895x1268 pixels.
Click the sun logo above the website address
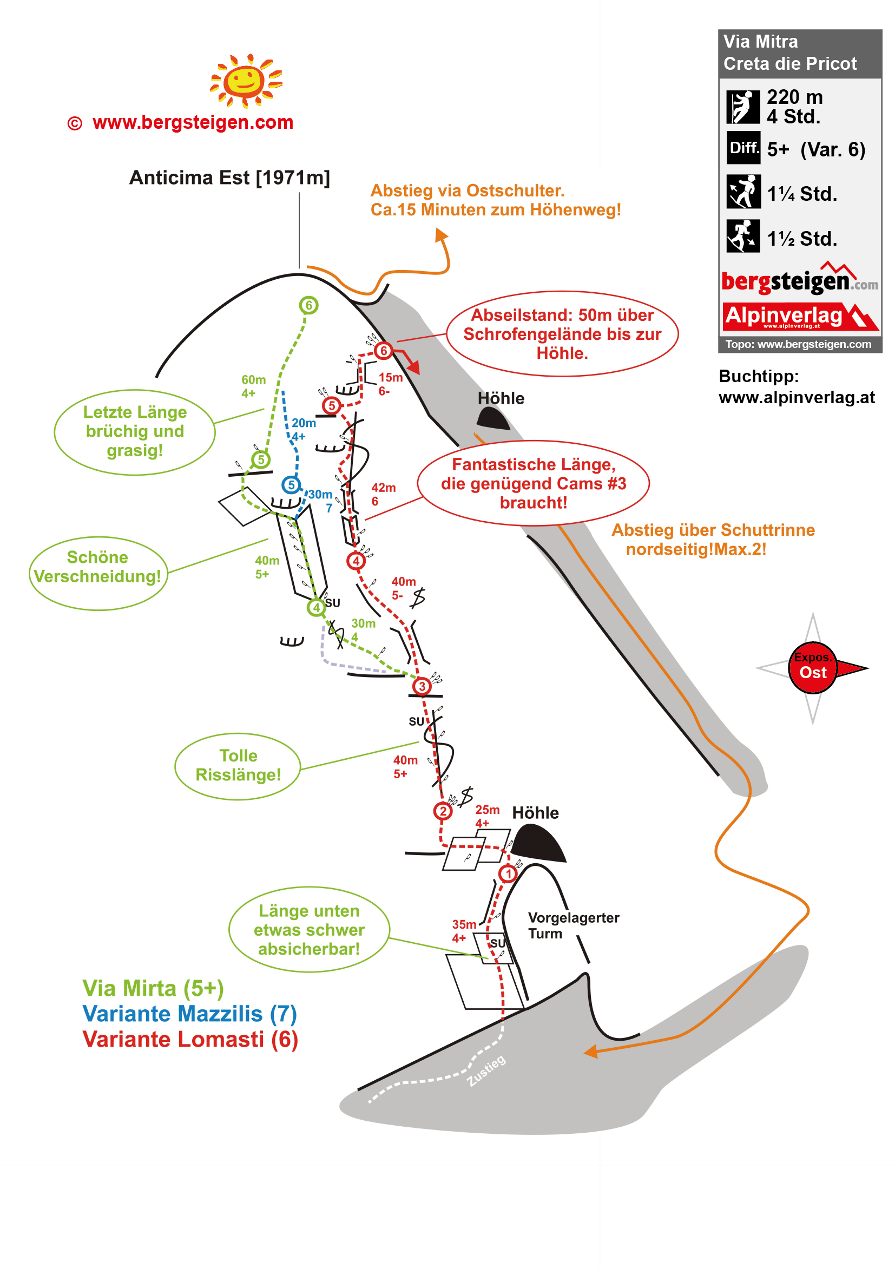click(x=246, y=81)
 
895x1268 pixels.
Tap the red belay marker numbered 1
click(x=508, y=873)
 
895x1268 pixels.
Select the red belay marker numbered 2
click(x=442, y=811)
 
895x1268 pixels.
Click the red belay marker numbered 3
click(x=422, y=686)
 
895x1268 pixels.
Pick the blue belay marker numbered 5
click(x=291, y=485)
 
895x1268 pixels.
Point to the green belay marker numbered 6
click(x=308, y=305)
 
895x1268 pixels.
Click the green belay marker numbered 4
click(x=316, y=608)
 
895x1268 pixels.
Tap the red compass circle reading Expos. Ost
click(x=812, y=667)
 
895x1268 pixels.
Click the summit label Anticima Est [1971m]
click(x=229, y=178)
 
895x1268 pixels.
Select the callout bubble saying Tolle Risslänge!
click(x=238, y=765)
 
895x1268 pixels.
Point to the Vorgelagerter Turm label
click(x=572, y=925)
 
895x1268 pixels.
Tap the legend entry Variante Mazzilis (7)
click(x=189, y=1014)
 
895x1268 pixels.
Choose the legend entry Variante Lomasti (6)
click(x=190, y=1039)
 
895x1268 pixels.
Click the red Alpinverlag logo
click(x=799, y=317)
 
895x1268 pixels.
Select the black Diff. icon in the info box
click(x=742, y=147)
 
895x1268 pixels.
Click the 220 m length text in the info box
click(x=794, y=97)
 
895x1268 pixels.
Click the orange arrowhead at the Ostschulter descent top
click(x=441, y=235)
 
